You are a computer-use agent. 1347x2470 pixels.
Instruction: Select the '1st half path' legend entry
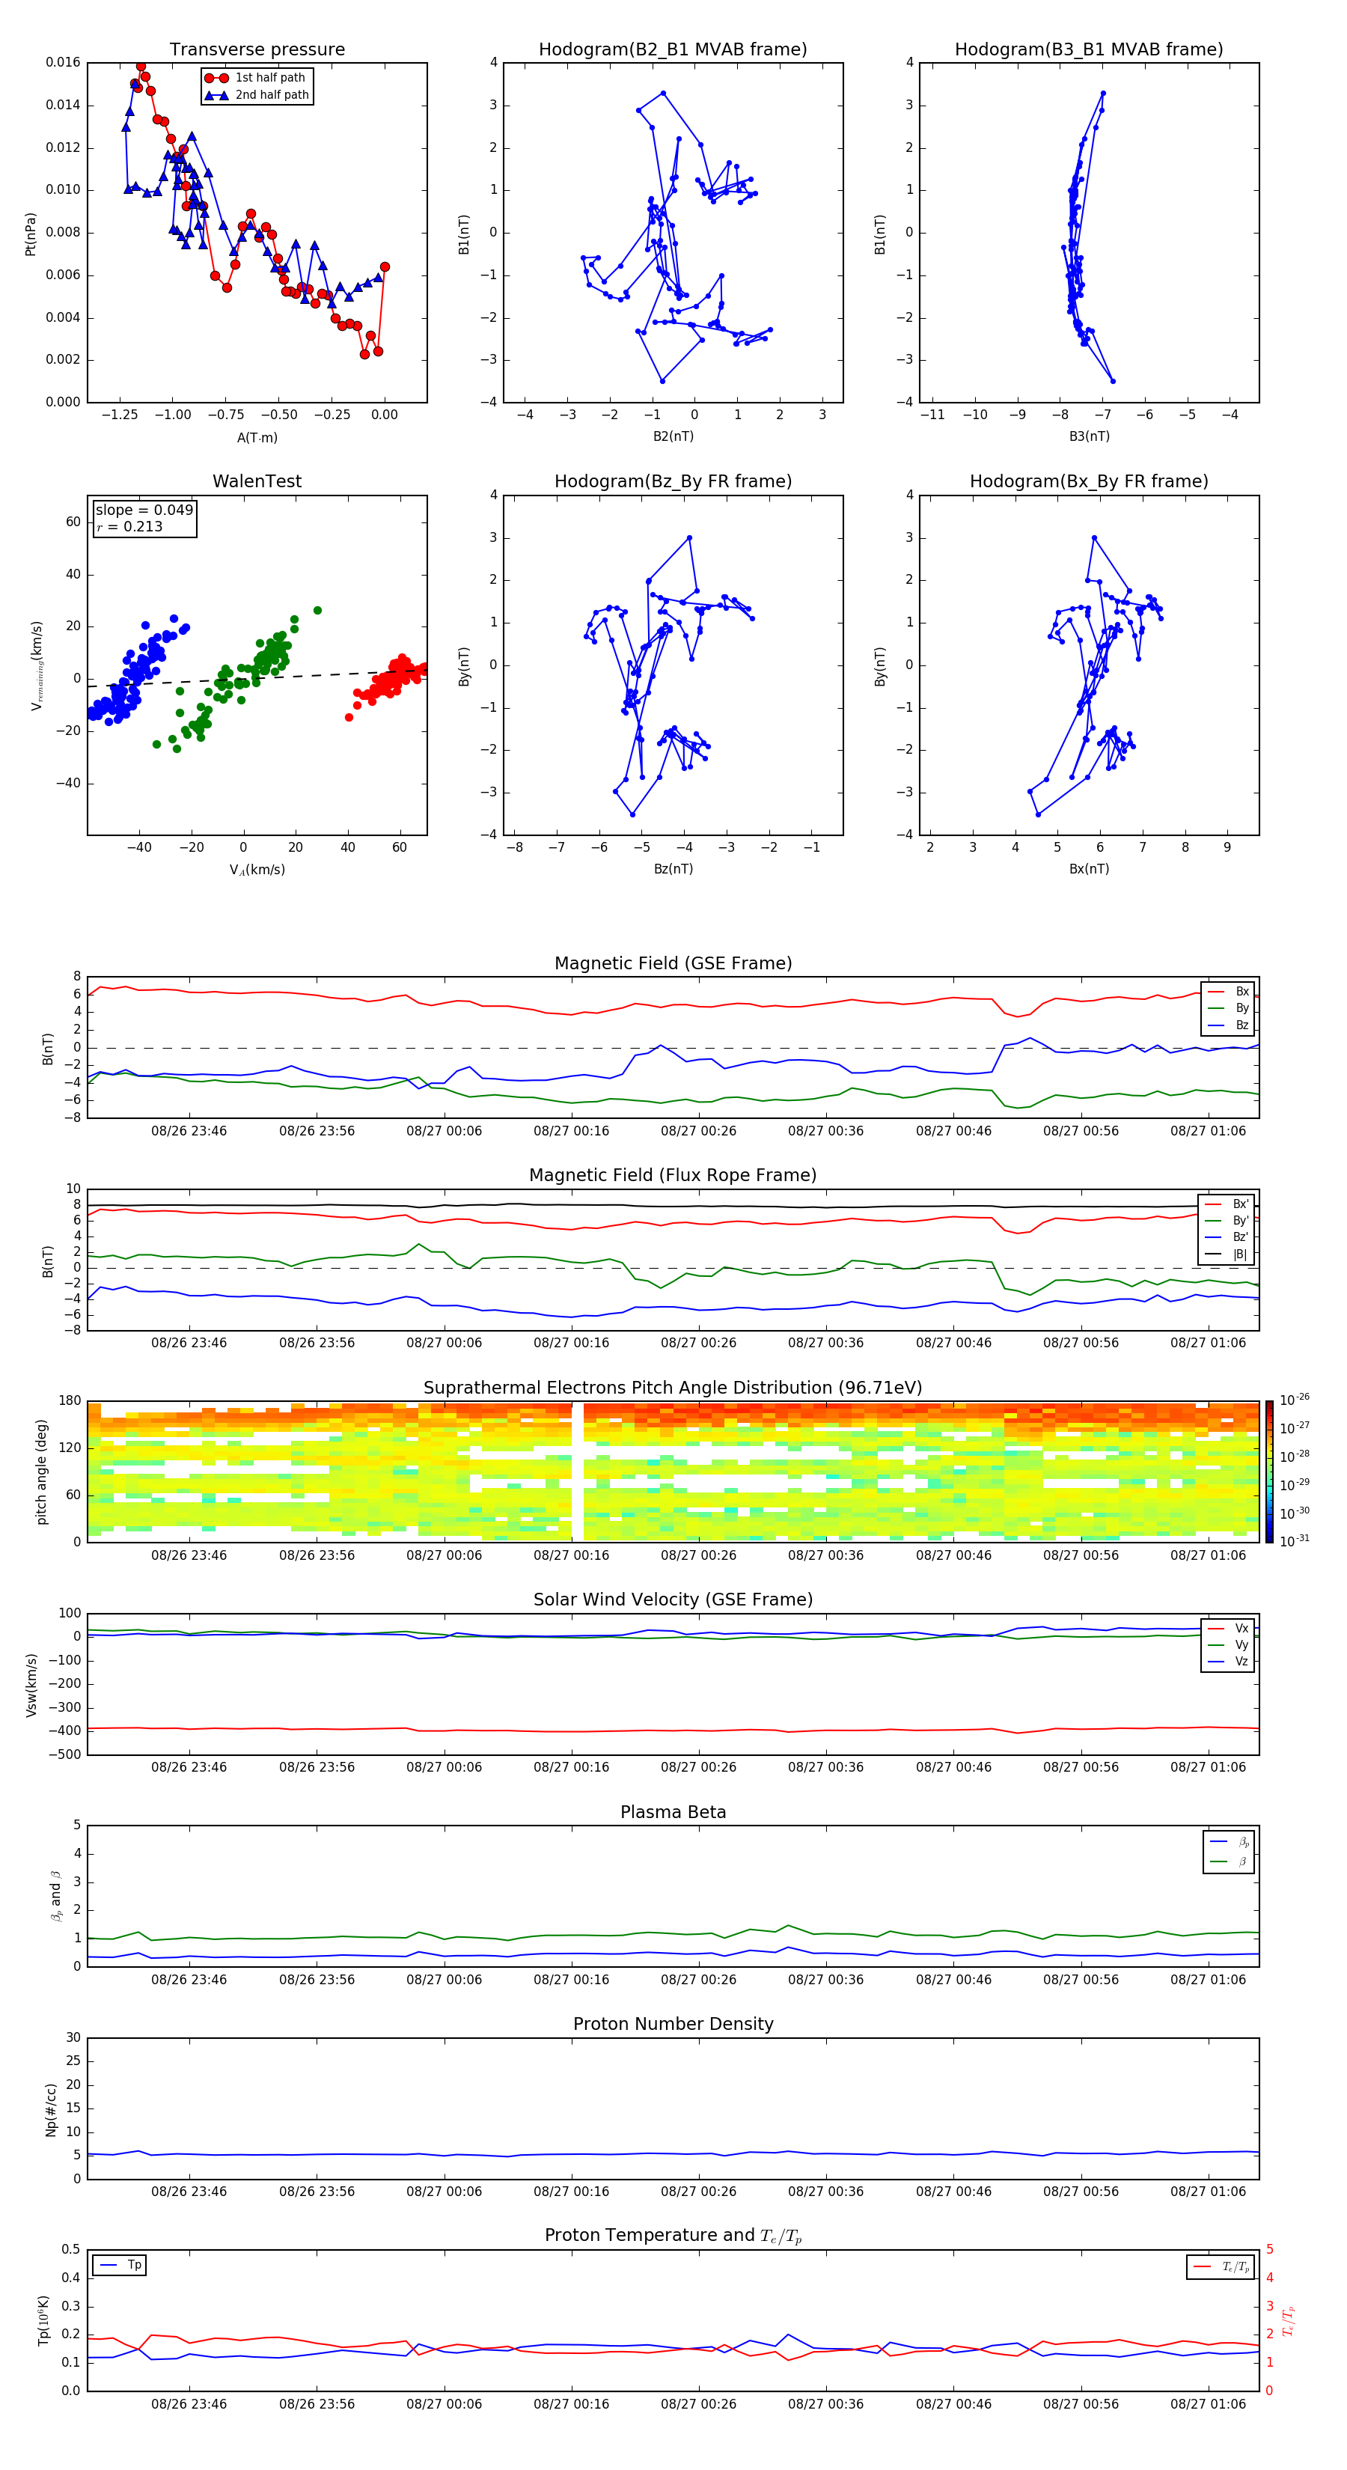click(269, 78)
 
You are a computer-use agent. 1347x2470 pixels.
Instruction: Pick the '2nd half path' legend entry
click(272, 95)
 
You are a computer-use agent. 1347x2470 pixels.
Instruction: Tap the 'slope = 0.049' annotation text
click(144, 510)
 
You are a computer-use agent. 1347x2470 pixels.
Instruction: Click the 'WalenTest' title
click(257, 481)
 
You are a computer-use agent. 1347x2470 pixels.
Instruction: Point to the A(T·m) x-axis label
click(257, 437)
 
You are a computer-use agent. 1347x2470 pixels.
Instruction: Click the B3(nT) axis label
click(1089, 436)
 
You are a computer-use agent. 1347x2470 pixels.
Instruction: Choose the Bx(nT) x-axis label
click(1089, 869)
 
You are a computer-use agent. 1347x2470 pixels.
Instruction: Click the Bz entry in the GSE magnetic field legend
click(1241, 1025)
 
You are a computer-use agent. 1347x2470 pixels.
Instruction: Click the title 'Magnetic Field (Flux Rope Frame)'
click(673, 1176)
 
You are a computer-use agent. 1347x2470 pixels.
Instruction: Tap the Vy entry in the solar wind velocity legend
click(1241, 1644)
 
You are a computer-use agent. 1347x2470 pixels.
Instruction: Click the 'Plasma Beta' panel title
click(673, 1812)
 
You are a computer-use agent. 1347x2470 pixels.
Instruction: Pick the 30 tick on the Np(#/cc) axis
click(73, 2037)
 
